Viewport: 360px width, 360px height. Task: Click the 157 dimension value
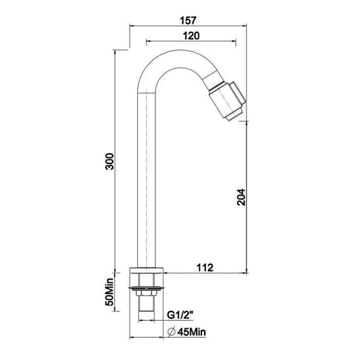pyautogui.click(x=188, y=21)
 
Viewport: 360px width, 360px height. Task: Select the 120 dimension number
pyautogui.click(x=191, y=36)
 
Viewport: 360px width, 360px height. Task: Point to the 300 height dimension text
pyautogui.click(x=109, y=161)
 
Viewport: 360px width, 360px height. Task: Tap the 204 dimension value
pyautogui.click(x=241, y=197)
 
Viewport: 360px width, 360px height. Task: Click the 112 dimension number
pyautogui.click(x=205, y=267)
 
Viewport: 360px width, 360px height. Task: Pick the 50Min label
pyautogui.click(x=109, y=292)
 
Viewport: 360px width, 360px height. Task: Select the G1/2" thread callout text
pyautogui.click(x=180, y=315)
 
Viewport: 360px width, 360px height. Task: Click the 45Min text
pyautogui.click(x=192, y=332)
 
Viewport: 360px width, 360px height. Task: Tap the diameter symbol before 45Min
pyautogui.click(x=172, y=332)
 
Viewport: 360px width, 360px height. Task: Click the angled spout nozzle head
pyautogui.click(x=228, y=99)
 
